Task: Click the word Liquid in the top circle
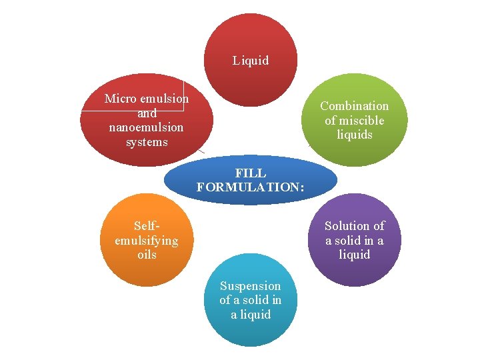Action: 251,61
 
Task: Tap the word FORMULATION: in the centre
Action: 251,188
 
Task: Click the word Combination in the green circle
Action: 354,106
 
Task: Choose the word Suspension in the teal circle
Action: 251,286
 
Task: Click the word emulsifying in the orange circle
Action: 147,240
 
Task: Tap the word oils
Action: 147,255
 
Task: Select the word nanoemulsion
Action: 147,127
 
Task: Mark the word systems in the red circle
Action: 147,142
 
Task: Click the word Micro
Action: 120,99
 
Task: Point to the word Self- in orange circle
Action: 147,226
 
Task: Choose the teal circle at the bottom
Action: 251,330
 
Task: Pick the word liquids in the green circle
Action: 354,135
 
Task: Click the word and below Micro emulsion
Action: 147,113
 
